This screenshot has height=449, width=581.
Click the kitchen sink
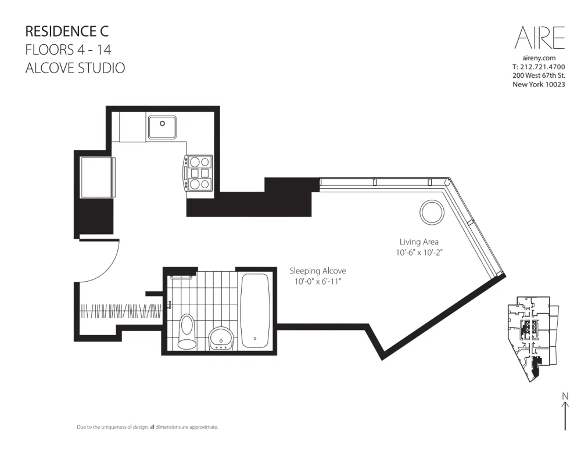(162, 126)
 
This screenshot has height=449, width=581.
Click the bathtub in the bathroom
(254, 311)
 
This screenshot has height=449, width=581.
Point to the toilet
(187, 332)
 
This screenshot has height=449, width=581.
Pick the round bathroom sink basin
(220, 337)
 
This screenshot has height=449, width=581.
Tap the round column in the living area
(432, 213)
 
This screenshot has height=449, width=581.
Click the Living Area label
(419, 242)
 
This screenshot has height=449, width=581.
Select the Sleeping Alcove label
(318, 271)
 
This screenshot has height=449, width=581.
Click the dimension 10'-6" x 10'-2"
(419, 253)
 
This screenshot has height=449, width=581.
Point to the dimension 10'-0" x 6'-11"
(318, 282)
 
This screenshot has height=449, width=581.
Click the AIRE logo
(540, 38)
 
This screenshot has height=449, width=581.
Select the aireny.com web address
(540, 58)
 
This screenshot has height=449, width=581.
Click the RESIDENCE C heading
(67, 31)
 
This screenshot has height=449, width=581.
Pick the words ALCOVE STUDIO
(76, 68)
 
